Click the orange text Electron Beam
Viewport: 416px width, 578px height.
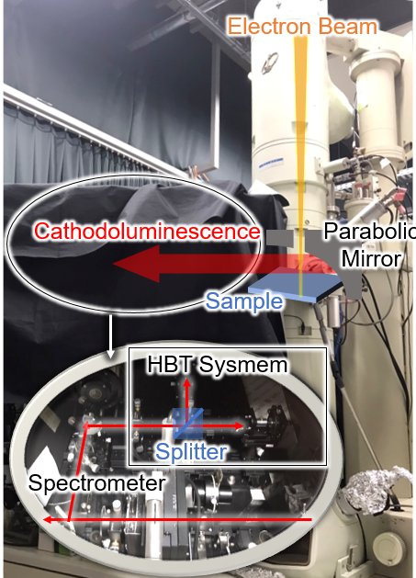tap(302, 27)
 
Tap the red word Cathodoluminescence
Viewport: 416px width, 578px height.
tap(147, 232)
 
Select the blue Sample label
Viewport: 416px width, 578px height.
tap(244, 301)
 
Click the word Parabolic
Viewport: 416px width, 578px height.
tap(369, 232)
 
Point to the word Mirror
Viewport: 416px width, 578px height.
tap(371, 258)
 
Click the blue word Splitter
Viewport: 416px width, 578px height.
tap(191, 451)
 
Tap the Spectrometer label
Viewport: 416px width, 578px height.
tap(96, 483)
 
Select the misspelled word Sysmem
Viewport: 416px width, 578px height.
tap(243, 365)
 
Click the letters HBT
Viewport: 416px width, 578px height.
tap(170, 364)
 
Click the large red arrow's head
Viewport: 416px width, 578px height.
tap(136, 264)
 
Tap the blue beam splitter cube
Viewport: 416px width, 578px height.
tap(188, 424)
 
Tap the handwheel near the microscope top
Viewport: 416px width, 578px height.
tap(270, 63)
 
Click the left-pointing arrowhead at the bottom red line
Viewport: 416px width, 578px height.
tap(48, 520)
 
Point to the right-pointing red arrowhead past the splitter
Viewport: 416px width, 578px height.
tap(239, 426)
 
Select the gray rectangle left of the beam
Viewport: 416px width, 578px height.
tap(279, 238)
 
